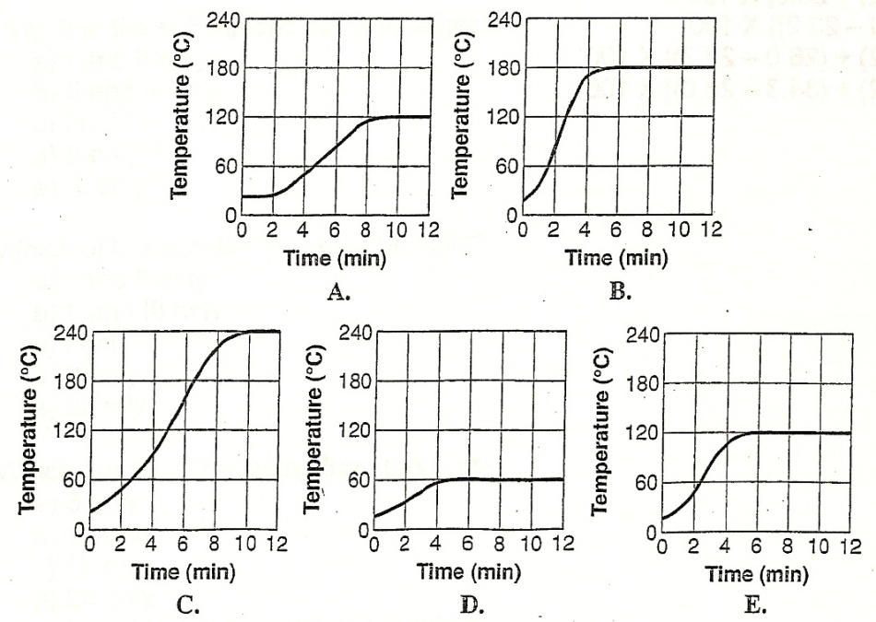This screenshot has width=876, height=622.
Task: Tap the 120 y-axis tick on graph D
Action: [x=355, y=430]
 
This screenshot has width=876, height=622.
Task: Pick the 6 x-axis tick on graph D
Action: [x=470, y=544]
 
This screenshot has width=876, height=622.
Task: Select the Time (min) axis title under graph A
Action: [x=334, y=258]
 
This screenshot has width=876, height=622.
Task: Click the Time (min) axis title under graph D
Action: [x=468, y=572]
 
